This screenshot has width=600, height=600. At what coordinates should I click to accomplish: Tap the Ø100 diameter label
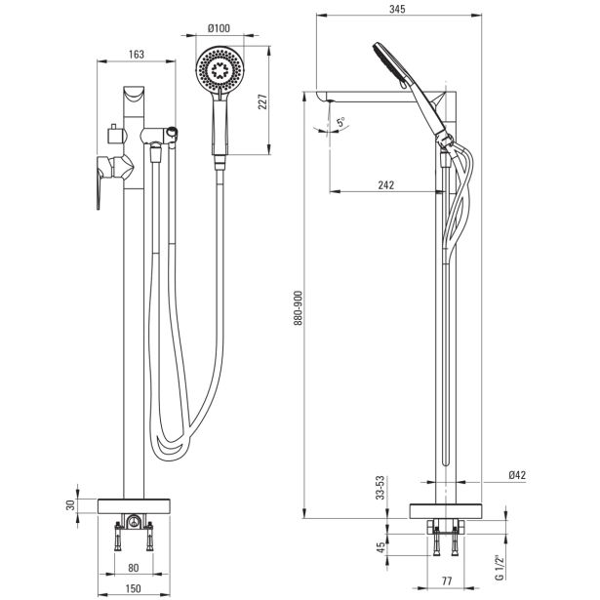tap(219, 27)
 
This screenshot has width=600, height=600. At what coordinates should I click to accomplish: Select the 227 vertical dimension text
tap(260, 100)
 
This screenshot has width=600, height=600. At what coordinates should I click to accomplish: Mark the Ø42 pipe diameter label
tap(516, 475)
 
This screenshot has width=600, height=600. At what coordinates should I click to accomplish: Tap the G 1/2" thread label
tap(498, 566)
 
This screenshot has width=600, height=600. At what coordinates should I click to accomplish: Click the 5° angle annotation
tap(340, 123)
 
